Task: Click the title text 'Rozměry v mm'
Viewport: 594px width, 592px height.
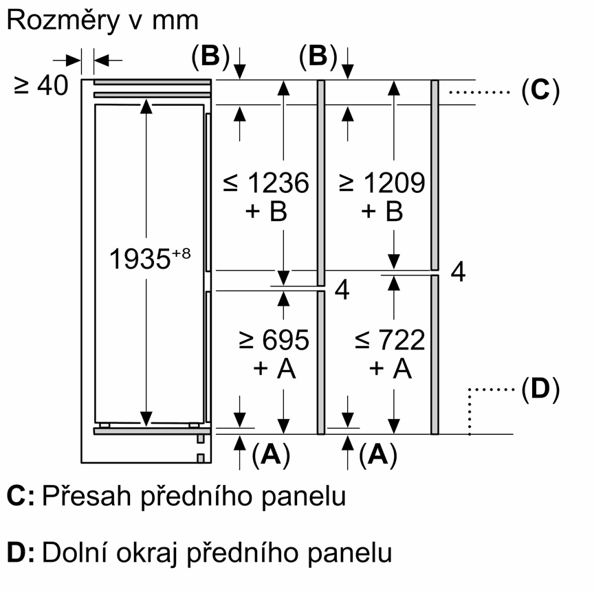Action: pyautogui.click(x=102, y=21)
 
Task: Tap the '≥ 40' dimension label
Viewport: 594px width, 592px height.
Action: pyautogui.click(x=41, y=85)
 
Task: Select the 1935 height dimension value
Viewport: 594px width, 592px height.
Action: pyautogui.click(x=140, y=260)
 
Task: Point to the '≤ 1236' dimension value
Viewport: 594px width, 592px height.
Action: pyautogui.click(x=266, y=183)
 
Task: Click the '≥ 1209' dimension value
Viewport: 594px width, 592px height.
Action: pyautogui.click(x=382, y=183)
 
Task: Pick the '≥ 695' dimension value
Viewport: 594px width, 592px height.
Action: pyautogui.click(x=274, y=340)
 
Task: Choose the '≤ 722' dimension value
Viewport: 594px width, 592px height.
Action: pyautogui.click(x=390, y=340)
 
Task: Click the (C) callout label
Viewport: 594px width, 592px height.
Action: pyautogui.click(x=540, y=91)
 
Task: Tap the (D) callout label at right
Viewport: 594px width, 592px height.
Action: pyautogui.click(x=540, y=389)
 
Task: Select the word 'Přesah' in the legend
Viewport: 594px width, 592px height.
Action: pyautogui.click(x=87, y=496)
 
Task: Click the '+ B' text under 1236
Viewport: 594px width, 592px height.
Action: pyautogui.click(x=266, y=212)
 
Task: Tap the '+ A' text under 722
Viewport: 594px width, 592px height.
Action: pyautogui.click(x=390, y=368)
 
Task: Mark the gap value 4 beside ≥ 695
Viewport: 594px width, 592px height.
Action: pyautogui.click(x=342, y=290)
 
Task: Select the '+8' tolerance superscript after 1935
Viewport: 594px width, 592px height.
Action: pyautogui.click(x=181, y=253)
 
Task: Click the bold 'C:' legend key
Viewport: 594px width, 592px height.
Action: pyautogui.click(x=21, y=496)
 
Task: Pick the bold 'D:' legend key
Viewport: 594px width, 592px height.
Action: pyautogui.click(x=21, y=553)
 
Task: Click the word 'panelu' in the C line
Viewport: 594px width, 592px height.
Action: pyautogui.click(x=304, y=497)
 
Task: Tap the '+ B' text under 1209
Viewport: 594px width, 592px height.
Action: pyautogui.click(x=382, y=212)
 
